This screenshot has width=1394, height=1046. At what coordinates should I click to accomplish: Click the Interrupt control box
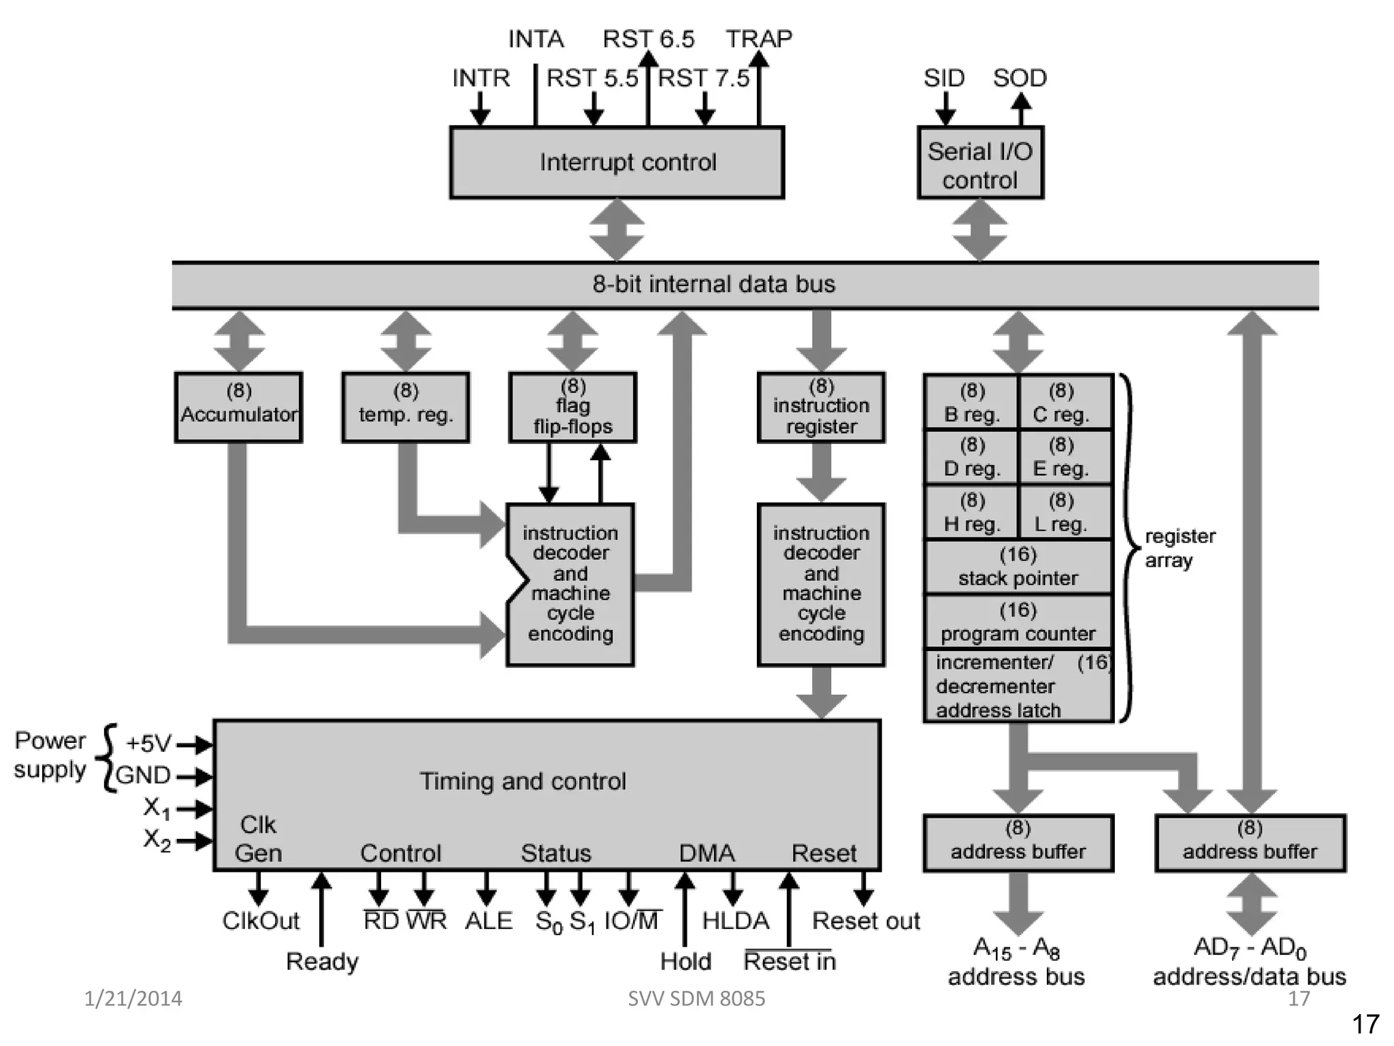click(x=617, y=162)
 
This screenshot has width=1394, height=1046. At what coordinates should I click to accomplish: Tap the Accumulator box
click(x=238, y=407)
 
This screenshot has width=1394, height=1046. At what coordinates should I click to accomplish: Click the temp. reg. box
click(x=406, y=407)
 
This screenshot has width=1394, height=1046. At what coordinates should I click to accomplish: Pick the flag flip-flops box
click(x=572, y=407)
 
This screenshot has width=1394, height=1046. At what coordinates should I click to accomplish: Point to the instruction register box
click(x=821, y=407)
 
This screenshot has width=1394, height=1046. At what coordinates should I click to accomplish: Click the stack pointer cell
click(x=1018, y=567)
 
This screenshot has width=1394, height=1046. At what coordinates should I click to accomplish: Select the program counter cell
click(x=1018, y=622)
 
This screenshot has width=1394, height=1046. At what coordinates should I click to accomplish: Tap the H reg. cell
click(x=971, y=512)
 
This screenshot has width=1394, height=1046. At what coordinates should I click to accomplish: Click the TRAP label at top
click(x=758, y=39)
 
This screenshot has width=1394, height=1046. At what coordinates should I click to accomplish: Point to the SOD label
click(x=1019, y=78)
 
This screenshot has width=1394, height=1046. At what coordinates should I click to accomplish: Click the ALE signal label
click(x=488, y=921)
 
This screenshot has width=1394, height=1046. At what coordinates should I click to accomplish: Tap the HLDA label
click(x=735, y=921)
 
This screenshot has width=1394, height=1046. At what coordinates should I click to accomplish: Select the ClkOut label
click(x=261, y=921)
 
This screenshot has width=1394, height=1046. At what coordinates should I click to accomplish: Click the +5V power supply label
click(x=148, y=743)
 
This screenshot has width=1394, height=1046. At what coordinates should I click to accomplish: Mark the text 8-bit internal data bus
click(x=713, y=284)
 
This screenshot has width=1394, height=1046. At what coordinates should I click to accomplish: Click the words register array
click(x=1179, y=548)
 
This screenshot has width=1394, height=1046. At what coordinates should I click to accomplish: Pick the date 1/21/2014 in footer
click(x=133, y=998)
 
